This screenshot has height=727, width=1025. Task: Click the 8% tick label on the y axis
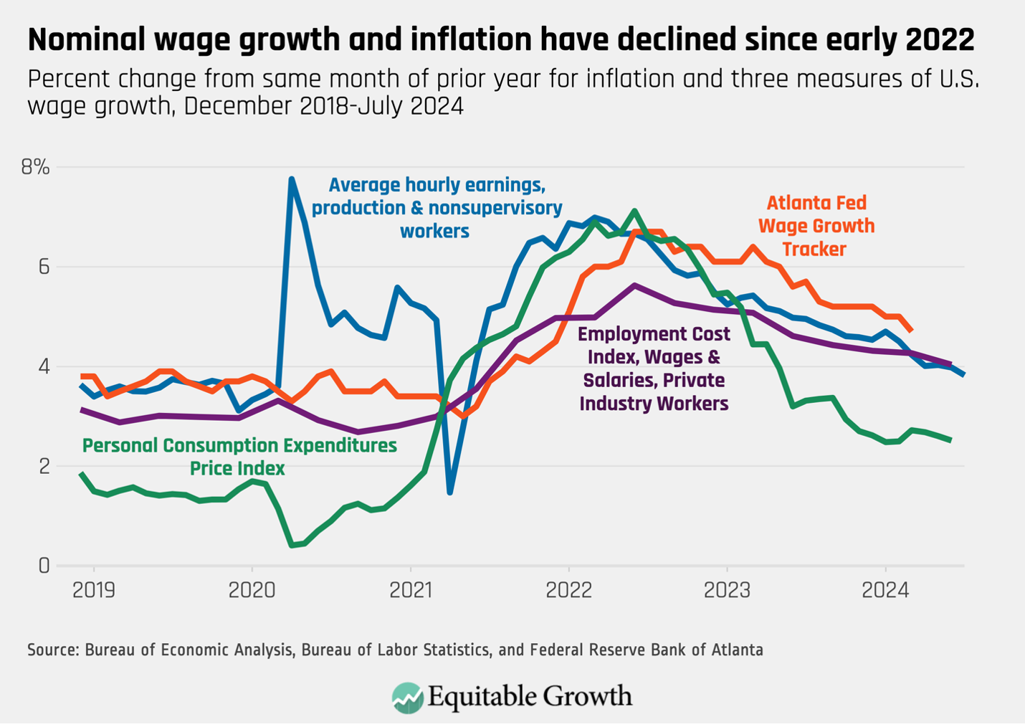(x=35, y=168)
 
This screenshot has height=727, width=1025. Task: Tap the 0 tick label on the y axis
(x=44, y=566)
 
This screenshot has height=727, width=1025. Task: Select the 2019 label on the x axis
(x=94, y=590)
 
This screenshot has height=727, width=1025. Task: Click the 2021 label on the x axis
(x=411, y=590)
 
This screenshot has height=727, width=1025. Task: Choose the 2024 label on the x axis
(x=885, y=590)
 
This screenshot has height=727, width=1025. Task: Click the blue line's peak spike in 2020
(x=291, y=179)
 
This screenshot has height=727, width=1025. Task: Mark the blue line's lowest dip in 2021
(x=449, y=492)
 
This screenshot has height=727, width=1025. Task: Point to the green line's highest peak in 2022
(x=634, y=212)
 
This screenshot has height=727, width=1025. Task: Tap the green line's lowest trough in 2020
(x=292, y=545)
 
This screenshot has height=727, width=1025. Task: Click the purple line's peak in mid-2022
(x=634, y=285)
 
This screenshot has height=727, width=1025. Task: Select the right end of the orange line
(x=911, y=330)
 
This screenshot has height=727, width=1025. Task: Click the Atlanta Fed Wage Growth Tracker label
(x=816, y=226)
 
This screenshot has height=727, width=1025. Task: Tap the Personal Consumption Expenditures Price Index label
(x=239, y=457)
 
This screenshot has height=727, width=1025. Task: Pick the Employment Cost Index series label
(x=654, y=369)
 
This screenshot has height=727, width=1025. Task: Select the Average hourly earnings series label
(x=436, y=208)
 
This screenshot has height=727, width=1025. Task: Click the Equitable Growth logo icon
(x=407, y=698)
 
